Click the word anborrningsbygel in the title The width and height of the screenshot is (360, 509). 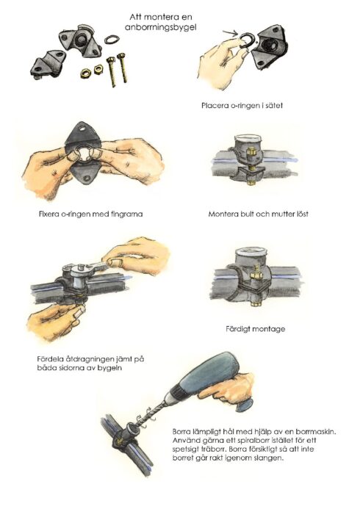(160, 28)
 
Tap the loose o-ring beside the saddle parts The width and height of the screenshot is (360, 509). (112, 40)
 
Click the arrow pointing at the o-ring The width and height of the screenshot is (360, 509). (231, 32)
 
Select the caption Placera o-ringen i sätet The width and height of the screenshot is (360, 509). (242, 106)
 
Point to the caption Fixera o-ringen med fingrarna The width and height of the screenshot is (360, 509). (90, 214)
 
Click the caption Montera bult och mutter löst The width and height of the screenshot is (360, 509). (259, 214)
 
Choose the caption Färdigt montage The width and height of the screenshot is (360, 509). (256, 329)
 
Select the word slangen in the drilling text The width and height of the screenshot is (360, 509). (270, 458)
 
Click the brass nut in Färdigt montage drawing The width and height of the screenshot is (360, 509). (255, 275)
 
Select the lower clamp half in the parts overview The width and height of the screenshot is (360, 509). (48, 65)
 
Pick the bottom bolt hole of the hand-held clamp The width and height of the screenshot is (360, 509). (87, 178)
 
